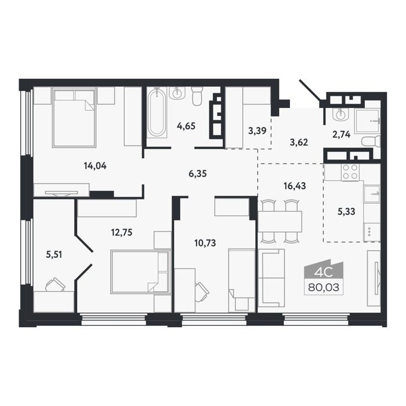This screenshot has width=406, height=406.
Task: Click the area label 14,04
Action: pos(95,166)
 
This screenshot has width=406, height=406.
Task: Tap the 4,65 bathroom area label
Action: pos(186,126)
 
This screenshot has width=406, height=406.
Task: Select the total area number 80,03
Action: pos(324,288)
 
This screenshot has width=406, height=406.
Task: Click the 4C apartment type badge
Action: pos(323,272)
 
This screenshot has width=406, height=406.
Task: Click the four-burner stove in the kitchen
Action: pos(350,172)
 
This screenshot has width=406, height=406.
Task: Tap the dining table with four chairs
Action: pos(280,221)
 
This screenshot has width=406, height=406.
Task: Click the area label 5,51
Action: pos(54,255)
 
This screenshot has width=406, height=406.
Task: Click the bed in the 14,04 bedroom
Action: pos(74,117)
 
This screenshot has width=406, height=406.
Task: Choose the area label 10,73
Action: pos(205,243)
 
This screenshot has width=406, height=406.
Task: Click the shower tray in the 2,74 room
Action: pos(368,121)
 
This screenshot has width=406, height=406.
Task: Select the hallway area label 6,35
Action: pos(198,173)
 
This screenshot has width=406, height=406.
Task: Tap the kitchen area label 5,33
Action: pos(346,212)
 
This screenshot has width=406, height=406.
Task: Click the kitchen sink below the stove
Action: pos(372,194)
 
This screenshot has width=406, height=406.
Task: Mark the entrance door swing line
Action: pos(310,90)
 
